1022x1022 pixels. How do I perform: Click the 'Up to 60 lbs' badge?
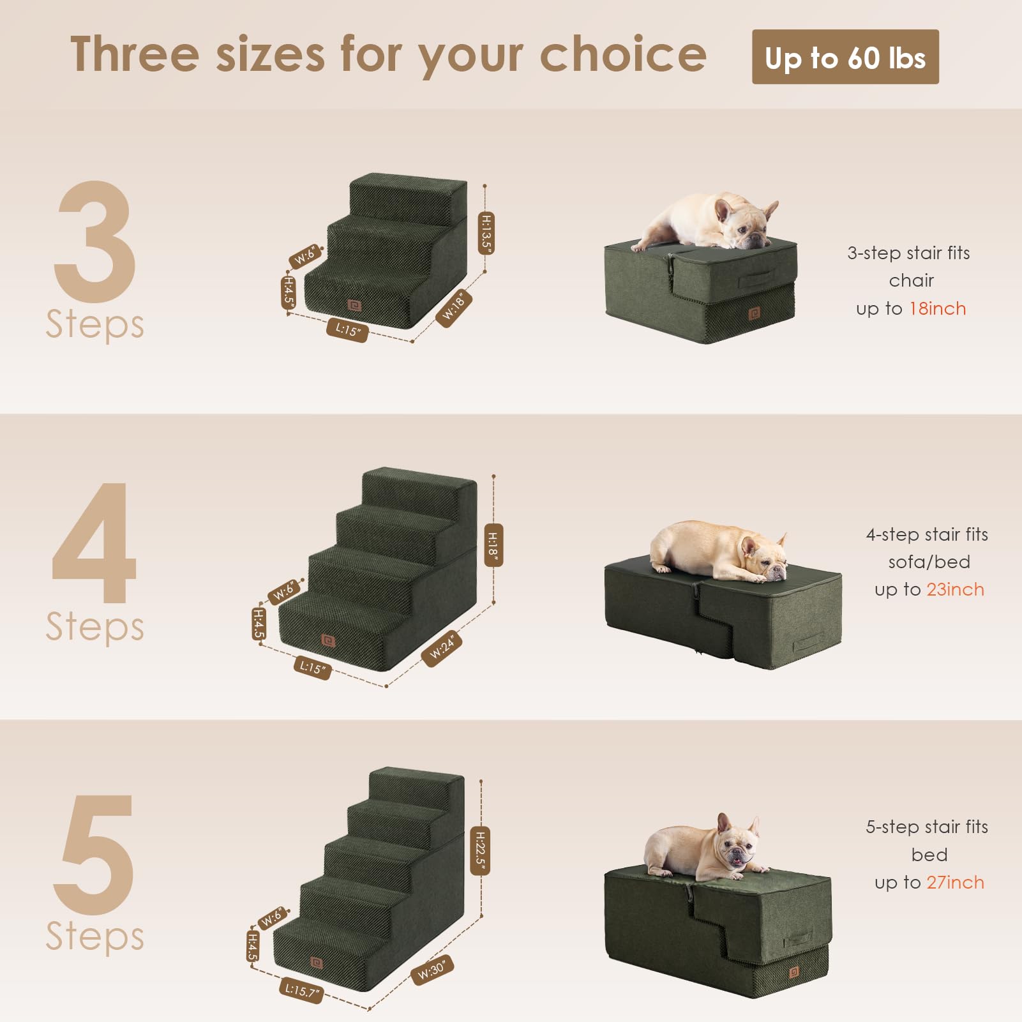845,57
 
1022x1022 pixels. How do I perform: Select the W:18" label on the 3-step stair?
454,308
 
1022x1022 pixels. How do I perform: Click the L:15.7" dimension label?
301,990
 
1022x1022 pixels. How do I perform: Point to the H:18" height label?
493,545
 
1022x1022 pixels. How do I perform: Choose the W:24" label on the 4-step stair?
442,648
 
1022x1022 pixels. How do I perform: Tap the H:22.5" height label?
481,850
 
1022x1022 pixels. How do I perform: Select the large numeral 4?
94,543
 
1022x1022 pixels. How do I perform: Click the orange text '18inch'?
937,308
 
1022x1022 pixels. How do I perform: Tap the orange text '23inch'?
955,589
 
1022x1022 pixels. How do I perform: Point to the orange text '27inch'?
955,882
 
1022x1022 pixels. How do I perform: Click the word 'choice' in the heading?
623,55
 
